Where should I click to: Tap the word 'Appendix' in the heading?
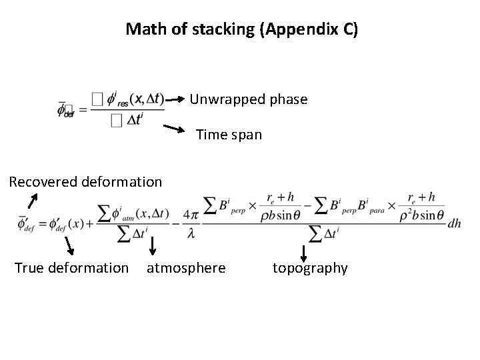coord(293,30)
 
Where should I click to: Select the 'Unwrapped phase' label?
coord(249,99)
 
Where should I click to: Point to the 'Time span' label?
coord(229,135)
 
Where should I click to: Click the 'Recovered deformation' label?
coord(85,181)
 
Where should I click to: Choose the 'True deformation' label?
coord(71,268)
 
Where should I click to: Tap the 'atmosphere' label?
coord(186,268)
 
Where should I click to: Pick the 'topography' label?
coord(310,268)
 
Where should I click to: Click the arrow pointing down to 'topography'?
coord(304,253)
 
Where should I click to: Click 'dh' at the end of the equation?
coord(454,225)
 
